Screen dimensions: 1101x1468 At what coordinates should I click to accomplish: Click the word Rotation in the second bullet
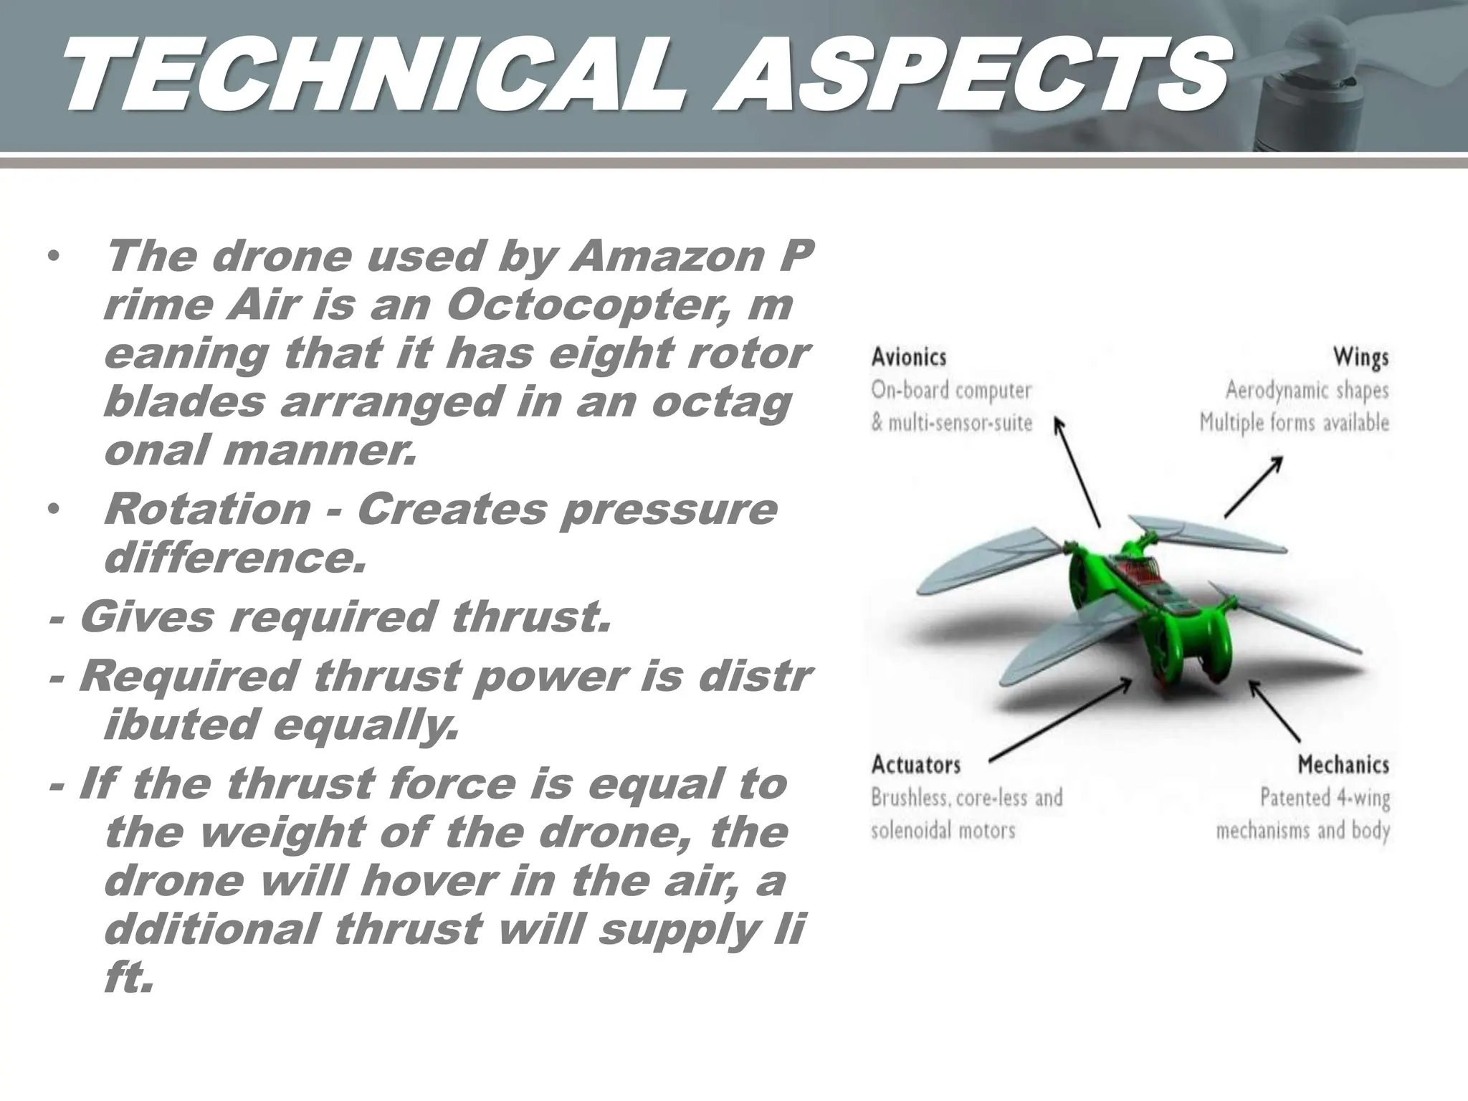pyautogui.click(x=207, y=509)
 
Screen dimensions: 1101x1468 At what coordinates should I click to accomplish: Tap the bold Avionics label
pyautogui.click(x=908, y=357)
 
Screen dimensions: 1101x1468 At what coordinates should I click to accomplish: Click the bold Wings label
pyautogui.click(x=1360, y=357)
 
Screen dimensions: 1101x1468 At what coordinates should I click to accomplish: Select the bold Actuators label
pyautogui.click(x=915, y=765)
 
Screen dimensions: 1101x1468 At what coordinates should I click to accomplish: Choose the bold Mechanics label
pyautogui.click(x=1343, y=765)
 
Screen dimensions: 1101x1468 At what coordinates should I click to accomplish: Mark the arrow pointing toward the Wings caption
pyautogui.click(x=1253, y=487)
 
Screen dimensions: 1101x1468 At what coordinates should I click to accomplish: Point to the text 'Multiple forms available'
pyautogui.click(x=1294, y=423)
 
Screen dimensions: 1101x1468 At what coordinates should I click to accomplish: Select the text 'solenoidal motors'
pyautogui.click(x=943, y=831)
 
